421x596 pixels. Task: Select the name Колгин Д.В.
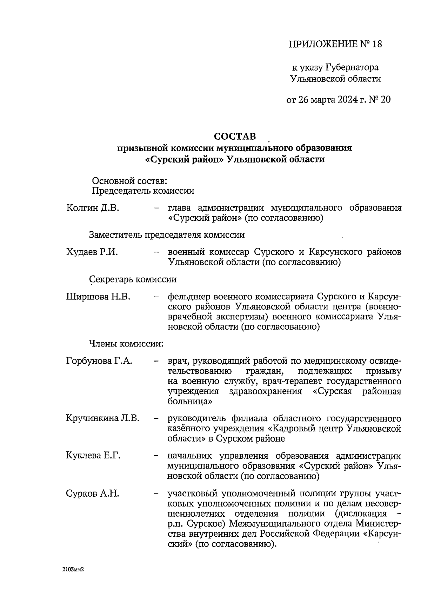point(93,208)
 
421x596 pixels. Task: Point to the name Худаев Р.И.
point(92,252)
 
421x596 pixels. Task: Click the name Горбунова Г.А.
point(99,361)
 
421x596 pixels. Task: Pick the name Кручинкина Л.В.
point(103,418)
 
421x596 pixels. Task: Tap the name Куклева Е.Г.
point(93,456)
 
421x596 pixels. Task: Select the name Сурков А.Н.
point(92,494)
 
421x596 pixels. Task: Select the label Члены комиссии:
point(126,344)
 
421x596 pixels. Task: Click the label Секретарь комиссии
point(133,279)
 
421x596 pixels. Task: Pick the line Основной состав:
point(129,181)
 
